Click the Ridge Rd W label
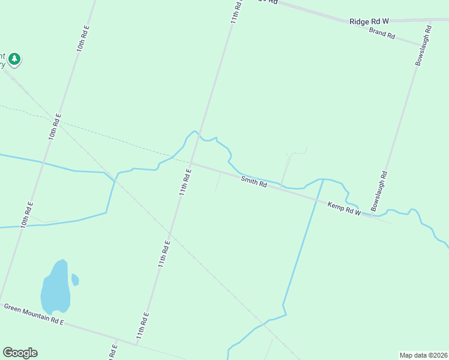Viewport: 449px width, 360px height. pyautogui.click(x=369, y=22)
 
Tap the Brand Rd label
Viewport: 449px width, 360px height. pyautogui.click(x=382, y=34)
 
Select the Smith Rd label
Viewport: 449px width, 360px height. pyautogui.click(x=254, y=181)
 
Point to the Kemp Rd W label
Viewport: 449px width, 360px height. pyautogui.click(x=344, y=209)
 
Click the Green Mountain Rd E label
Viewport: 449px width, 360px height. pyautogui.click(x=34, y=314)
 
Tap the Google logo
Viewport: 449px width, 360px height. pyautogui.click(x=20, y=353)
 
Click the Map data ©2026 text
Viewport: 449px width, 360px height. pyautogui.click(x=423, y=355)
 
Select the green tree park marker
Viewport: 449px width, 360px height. pyautogui.click(x=14, y=59)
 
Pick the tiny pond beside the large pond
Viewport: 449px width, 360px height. pyautogui.click(x=75, y=280)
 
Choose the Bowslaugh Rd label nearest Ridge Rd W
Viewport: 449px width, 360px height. pyautogui.click(x=423, y=45)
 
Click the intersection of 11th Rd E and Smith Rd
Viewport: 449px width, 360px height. pyautogui.click(x=190, y=162)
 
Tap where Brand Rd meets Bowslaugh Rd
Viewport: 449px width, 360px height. pyautogui.click(x=421, y=46)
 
